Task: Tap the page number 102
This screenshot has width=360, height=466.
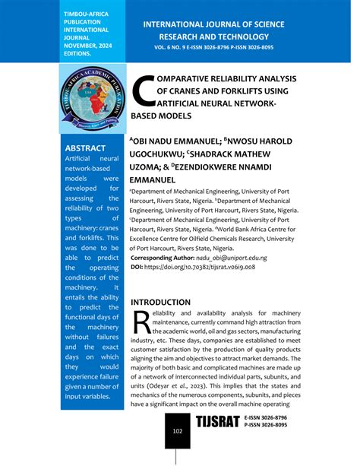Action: (x=178, y=431)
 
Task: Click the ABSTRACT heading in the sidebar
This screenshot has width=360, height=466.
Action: (x=86, y=147)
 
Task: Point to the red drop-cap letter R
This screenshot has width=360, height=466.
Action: (x=142, y=322)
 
